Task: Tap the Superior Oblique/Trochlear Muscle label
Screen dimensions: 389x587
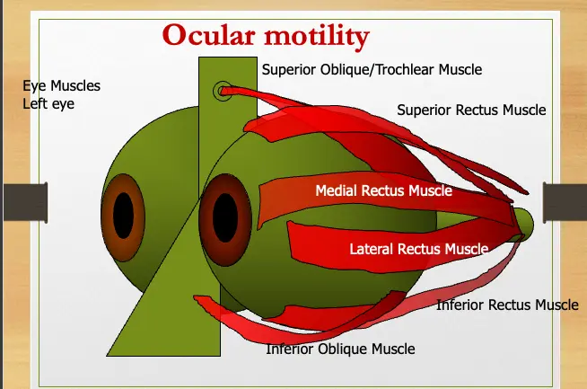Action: pyautogui.click(x=372, y=69)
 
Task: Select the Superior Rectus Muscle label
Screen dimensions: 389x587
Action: pyautogui.click(x=471, y=111)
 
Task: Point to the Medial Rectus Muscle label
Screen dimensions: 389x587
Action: pyautogui.click(x=383, y=190)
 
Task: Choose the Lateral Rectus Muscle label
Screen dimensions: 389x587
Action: pyautogui.click(x=418, y=249)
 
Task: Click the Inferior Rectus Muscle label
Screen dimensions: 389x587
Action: pyautogui.click(x=507, y=305)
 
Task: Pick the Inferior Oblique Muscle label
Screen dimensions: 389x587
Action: pyautogui.click(x=340, y=349)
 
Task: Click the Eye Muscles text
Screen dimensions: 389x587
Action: pyautogui.click(x=61, y=86)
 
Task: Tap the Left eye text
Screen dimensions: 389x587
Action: pyautogui.click(x=48, y=103)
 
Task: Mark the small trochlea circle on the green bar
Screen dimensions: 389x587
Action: pyautogui.click(x=221, y=91)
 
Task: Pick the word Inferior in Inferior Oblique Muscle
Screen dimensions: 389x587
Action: pyautogui.click(x=291, y=349)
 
